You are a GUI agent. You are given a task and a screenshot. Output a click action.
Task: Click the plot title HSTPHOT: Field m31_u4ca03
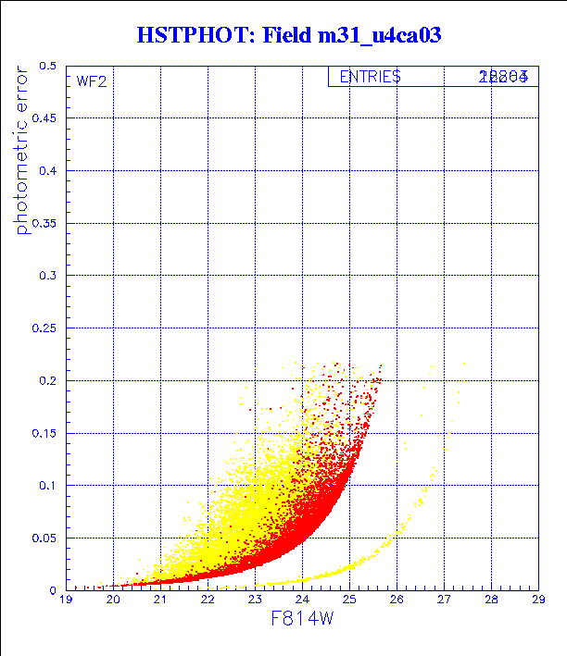288,35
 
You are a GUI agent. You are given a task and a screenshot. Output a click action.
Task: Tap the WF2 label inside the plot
92,81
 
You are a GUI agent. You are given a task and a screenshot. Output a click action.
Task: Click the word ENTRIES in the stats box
370,78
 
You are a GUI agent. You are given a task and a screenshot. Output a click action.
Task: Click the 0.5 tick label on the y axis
47,67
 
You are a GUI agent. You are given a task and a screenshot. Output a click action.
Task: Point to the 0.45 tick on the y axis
44,118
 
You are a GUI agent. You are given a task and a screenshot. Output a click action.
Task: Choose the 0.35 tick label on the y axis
44,223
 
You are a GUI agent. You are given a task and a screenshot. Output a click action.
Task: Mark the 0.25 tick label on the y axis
44,328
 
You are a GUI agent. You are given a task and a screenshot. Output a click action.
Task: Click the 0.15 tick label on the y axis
44,433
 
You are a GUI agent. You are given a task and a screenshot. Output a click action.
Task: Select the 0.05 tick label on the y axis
44,538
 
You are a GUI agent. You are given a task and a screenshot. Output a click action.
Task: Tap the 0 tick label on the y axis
55,589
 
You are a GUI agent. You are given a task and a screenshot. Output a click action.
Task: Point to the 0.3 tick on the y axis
47,276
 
